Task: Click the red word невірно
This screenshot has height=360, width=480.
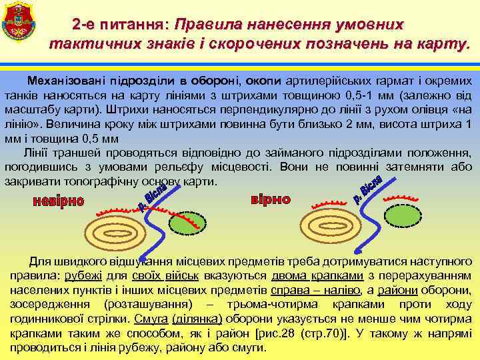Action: (x=58, y=201)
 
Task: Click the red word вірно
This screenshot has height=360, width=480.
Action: (x=270, y=199)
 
